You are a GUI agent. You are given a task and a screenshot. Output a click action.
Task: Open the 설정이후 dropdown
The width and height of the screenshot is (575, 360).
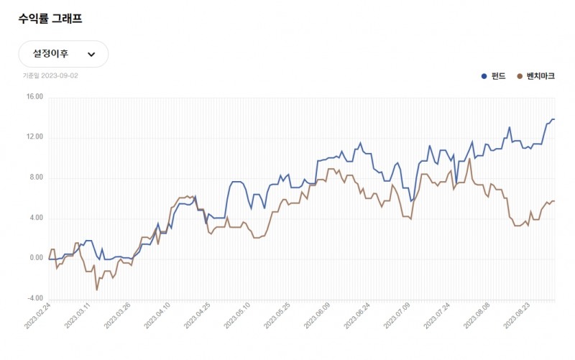(63, 54)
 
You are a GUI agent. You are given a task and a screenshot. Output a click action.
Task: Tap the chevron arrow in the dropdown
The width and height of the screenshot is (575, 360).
(91, 54)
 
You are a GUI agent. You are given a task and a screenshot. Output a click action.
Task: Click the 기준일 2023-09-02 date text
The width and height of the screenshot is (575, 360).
(50, 75)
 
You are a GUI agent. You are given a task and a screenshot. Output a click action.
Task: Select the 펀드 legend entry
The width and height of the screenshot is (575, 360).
(494, 75)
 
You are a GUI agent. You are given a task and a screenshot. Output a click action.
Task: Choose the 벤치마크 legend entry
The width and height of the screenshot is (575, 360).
(535, 75)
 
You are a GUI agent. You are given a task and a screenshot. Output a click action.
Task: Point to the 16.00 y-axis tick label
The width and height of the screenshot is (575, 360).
(34, 98)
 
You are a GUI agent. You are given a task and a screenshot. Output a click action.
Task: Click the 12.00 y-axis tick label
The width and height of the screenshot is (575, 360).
(34, 138)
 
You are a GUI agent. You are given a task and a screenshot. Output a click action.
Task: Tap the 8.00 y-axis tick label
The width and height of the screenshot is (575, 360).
(35, 178)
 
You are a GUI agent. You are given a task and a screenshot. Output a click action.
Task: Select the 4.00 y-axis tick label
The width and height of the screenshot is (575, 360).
(35, 218)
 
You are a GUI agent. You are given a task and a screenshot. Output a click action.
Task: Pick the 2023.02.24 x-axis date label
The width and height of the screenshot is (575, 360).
(38, 316)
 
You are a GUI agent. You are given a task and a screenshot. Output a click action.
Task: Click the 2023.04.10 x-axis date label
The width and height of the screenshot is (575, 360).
(157, 316)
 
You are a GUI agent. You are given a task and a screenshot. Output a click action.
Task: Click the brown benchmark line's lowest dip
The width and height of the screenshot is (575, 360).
(96, 290)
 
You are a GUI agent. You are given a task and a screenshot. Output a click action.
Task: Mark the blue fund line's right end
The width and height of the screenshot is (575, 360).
(554, 119)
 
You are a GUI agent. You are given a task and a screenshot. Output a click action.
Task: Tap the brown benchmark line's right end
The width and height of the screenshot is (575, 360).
(554, 201)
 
